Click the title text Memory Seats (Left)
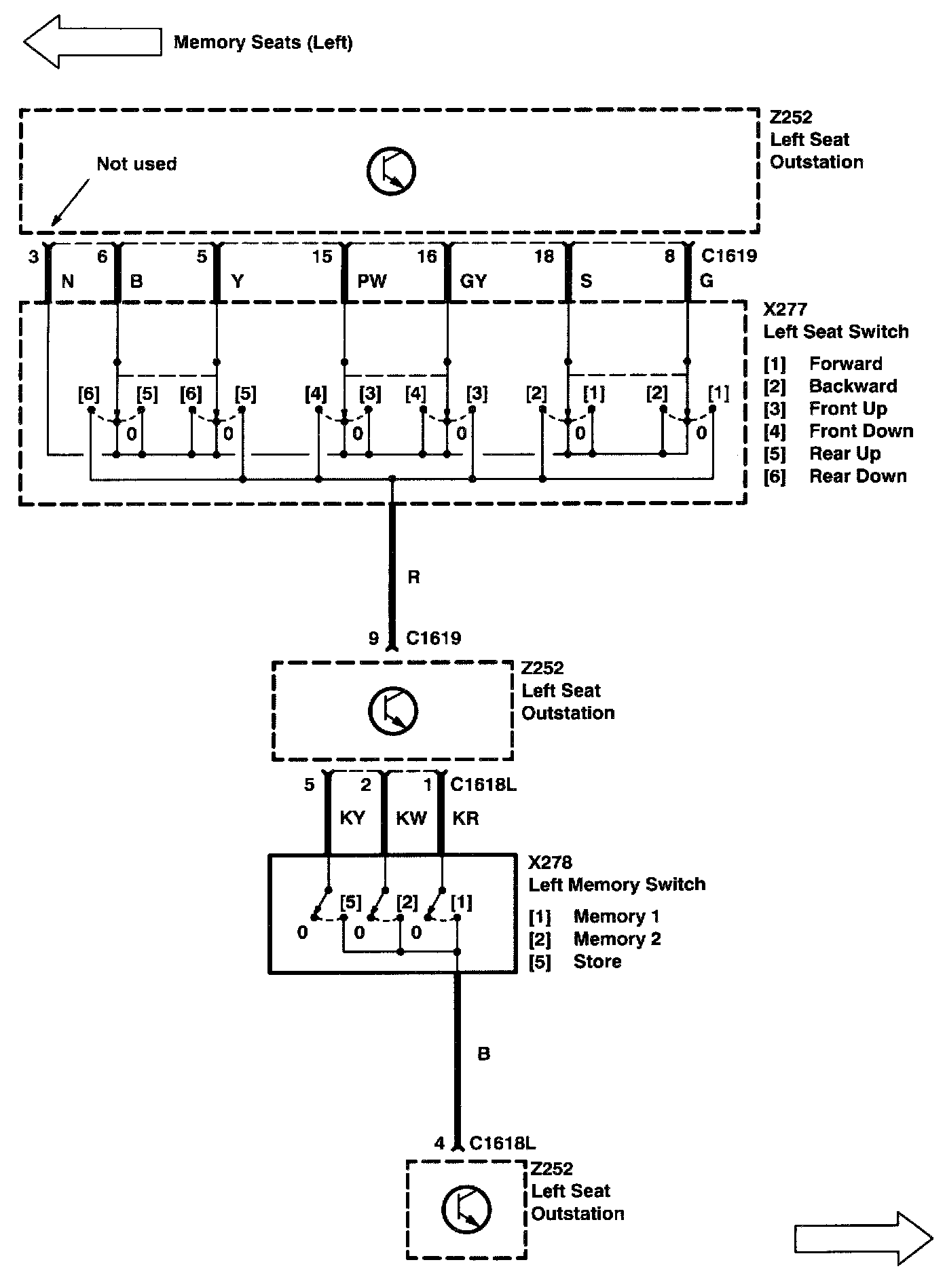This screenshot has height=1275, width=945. (263, 43)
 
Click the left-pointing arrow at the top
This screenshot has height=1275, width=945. (92, 41)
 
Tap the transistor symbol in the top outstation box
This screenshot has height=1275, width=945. (391, 170)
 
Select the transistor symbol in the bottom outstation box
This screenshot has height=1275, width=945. (466, 1210)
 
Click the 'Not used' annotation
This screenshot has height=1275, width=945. (136, 164)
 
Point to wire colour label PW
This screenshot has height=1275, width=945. (371, 281)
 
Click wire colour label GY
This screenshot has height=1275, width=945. (473, 281)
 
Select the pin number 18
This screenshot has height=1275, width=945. (544, 257)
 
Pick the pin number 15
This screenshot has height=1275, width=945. (322, 257)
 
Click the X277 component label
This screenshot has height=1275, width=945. (785, 310)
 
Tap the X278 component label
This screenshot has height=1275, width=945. (550, 862)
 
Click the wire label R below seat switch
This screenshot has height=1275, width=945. (413, 577)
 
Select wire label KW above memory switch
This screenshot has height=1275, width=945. (411, 818)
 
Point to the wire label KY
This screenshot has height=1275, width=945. (352, 818)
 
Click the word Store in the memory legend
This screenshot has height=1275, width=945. (597, 961)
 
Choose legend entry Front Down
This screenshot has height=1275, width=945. (861, 431)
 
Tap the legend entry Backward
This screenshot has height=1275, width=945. (853, 386)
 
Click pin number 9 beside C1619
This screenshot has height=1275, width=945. (373, 638)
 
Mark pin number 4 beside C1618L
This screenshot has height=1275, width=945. (439, 1144)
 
